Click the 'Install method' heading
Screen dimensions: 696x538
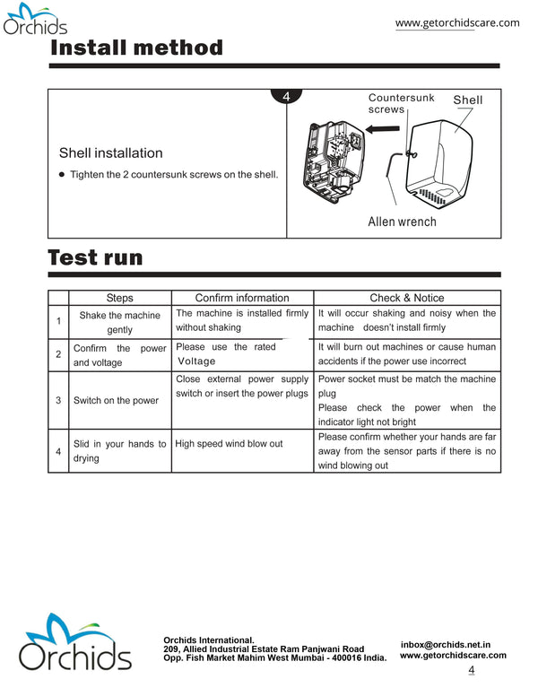coord(136,47)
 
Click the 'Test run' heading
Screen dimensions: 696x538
coord(95,257)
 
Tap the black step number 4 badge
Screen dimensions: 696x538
coord(285,97)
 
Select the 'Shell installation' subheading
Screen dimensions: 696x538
coord(110,153)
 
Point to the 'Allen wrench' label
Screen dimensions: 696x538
coord(402,222)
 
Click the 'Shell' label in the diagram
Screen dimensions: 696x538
coord(467,100)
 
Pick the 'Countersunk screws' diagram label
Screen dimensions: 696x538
coord(401,103)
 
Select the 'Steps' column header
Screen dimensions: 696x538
coord(119,298)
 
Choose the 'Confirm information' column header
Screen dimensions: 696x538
coord(242,298)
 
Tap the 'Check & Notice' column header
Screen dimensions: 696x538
coord(406,298)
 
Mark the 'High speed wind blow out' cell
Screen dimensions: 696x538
coord(229,444)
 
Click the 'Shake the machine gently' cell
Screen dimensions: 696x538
coord(119,323)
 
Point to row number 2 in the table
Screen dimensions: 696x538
coord(58,355)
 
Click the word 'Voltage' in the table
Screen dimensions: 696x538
coord(196,361)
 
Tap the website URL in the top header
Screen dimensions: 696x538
coord(457,22)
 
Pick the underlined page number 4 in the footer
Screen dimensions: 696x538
coord(472,670)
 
